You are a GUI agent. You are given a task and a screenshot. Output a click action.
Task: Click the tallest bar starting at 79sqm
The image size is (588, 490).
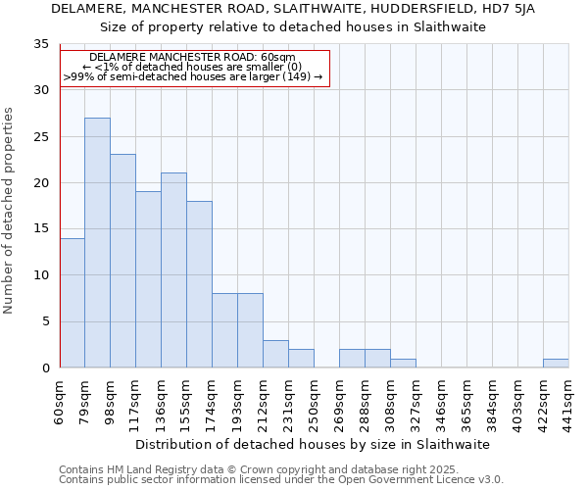tap(97, 243)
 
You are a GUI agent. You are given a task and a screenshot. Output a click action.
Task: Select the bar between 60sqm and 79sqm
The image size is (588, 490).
tap(72, 303)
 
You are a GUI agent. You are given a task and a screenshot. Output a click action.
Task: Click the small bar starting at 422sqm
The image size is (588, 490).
tap(556, 364)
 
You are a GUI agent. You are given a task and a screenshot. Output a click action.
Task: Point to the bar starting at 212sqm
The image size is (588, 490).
tap(275, 354)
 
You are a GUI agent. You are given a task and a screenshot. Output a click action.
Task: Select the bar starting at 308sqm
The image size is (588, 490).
tap(403, 364)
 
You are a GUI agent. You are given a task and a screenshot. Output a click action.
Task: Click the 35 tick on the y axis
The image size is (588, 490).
tap(41, 44)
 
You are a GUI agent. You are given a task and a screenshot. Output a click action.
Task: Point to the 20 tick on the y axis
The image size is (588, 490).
tap(41, 183)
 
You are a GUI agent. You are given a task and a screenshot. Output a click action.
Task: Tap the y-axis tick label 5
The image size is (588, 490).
tap(45, 321)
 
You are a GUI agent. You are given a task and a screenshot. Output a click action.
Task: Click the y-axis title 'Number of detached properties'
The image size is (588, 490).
tap(9, 211)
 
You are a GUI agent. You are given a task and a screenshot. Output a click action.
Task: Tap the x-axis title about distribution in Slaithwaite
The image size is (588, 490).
tap(314, 444)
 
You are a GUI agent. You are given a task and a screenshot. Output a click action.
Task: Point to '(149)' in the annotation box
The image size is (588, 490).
tap(295, 75)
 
